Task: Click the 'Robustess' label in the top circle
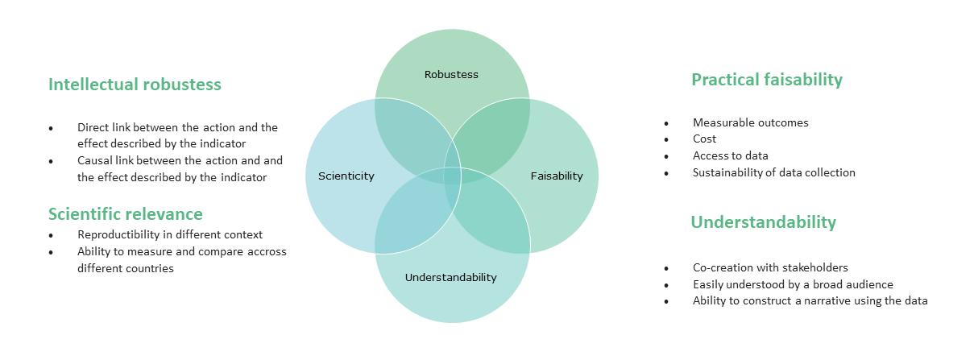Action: [x=451, y=75]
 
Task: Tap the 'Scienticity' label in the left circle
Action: [x=346, y=176]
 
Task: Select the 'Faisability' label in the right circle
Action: [x=556, y=176]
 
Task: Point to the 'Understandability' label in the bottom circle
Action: [x=450, y=278]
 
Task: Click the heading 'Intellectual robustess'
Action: [x=135, y=85]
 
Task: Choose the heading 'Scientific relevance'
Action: [x=125, y=214]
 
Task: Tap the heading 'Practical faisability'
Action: [x=766, y=80]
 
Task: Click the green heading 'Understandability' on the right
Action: [x=763, y=222]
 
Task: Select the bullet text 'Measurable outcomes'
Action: [x=750, y=123]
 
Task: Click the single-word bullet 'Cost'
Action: [x=704, y=139]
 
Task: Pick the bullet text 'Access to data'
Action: [x=730, y=156]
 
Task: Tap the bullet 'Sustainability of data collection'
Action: [x=773, y=172]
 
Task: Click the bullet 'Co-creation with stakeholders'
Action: [x=770, y=267]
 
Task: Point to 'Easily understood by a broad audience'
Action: [x=793, y=284]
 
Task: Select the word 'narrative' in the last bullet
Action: [x=835, y=301]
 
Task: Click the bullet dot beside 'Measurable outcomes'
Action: [x=666, y=124]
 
